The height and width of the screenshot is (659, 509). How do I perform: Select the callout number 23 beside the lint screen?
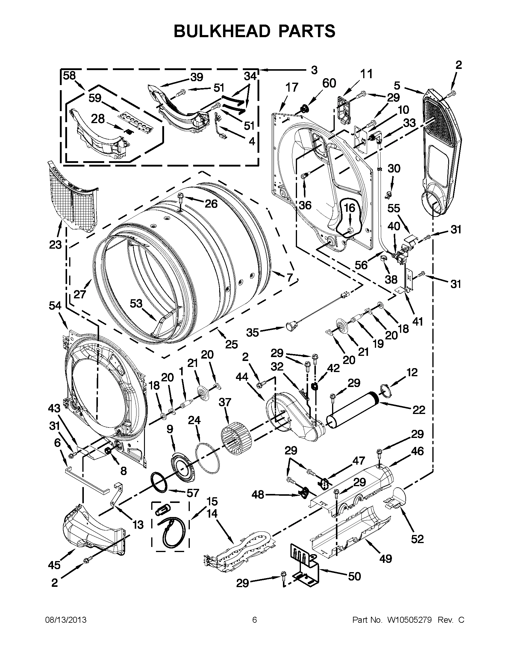55,244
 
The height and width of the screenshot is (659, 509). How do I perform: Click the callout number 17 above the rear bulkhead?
292,87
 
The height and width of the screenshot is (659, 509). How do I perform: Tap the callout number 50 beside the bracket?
354,576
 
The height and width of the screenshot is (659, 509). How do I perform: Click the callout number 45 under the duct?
54,565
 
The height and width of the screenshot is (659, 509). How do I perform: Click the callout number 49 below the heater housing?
385,559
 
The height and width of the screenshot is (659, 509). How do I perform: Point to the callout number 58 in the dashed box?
69,75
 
